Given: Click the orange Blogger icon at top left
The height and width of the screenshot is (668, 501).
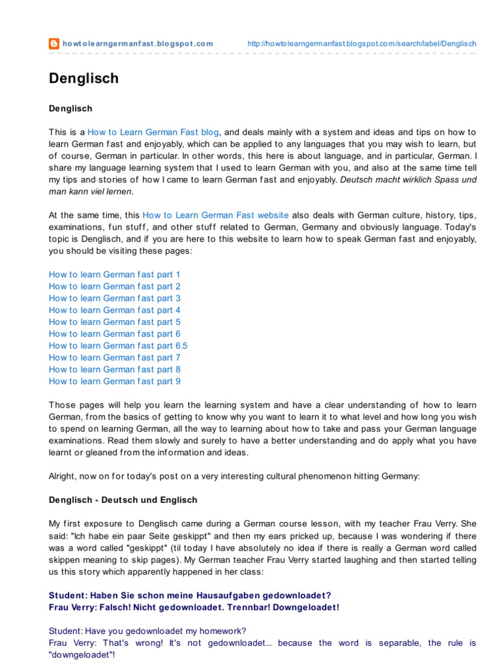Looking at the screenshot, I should [x=55, y=44].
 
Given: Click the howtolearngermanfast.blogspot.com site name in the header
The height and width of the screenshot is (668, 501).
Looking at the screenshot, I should [x=138, y=44].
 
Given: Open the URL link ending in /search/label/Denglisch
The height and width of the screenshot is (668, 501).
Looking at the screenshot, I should [x=362, y=44].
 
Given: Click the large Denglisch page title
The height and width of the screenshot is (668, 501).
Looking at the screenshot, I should [x=83, y=78].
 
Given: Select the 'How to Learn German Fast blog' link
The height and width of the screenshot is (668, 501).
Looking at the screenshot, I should [x=153, y=131].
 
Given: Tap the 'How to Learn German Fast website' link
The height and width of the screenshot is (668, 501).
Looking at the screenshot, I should [x=215, y=215].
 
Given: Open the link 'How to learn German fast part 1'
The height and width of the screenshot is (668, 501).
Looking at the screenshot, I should [x=115, y=275].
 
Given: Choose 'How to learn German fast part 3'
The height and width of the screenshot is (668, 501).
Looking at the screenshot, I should [x=115, y=298].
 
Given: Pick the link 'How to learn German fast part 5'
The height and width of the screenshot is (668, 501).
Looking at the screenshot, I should [x=115, y=322].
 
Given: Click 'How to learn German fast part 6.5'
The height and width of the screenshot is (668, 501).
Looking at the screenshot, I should [x=118, y=346].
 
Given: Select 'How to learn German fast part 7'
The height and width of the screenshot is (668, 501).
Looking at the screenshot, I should [x=115, y=357].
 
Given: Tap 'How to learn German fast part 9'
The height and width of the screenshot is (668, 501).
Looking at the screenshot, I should [x=115, y=381].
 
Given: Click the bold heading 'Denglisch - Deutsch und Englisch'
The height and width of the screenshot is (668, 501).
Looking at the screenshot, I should [x=123, y=500].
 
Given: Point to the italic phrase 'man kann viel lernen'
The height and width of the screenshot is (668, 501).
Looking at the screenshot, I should [x=90, y=191].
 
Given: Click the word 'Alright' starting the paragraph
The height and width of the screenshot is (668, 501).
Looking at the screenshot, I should [x=63, y=476].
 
